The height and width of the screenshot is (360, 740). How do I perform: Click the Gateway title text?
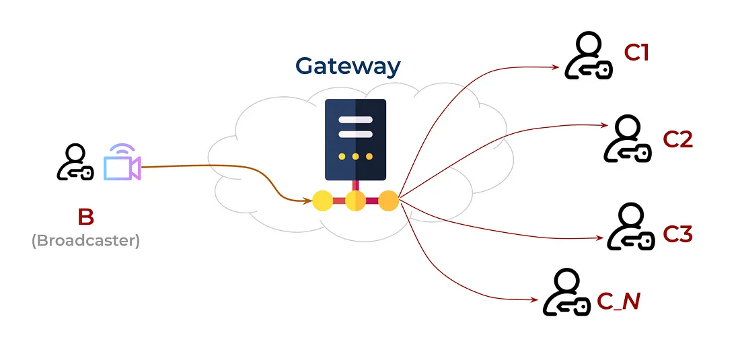pyautogui.click(x=348, y=66)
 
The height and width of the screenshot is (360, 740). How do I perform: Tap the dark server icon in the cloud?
pyautogui.click(x=355, y=139)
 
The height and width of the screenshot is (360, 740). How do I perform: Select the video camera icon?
pyautogui.click(x=122, y=163)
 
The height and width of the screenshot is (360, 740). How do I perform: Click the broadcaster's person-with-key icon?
pyautogui.click(x=74, y=163)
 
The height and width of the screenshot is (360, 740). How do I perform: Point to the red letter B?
pyautogui.click(x=85, y=217)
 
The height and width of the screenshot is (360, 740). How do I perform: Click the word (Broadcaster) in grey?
pyautogui.click(x=85, y=240)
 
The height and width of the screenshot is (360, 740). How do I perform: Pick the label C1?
pyautogui.click(x=636, y=52)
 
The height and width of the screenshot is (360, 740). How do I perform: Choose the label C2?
pyautogui.click(x=677, y=139)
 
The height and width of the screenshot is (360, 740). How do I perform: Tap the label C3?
pyautogui.click(x=677, y=234)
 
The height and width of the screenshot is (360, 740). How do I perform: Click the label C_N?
pyautogui.click(x=618, y=301)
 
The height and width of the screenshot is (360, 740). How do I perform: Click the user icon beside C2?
pyautogui.click(x=627, y=139)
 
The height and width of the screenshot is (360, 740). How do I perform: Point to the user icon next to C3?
pyautogui.click(x=631, y=228)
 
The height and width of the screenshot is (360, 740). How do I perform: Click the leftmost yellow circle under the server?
pyautogui.click(x=322, y=200)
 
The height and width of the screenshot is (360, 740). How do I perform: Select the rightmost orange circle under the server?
pyautogui.click(x=388, y=200)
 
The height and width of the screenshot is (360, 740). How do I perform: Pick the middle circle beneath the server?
pyautogui.click(x=355, y=200)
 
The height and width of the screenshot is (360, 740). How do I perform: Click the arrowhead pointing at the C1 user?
pyautogui.click(x=556, y=67)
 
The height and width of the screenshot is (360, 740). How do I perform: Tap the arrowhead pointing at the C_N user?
pyautogui.click(x=535, y=301)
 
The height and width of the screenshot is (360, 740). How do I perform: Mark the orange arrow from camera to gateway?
pyautogui.click(x=222, y=168)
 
